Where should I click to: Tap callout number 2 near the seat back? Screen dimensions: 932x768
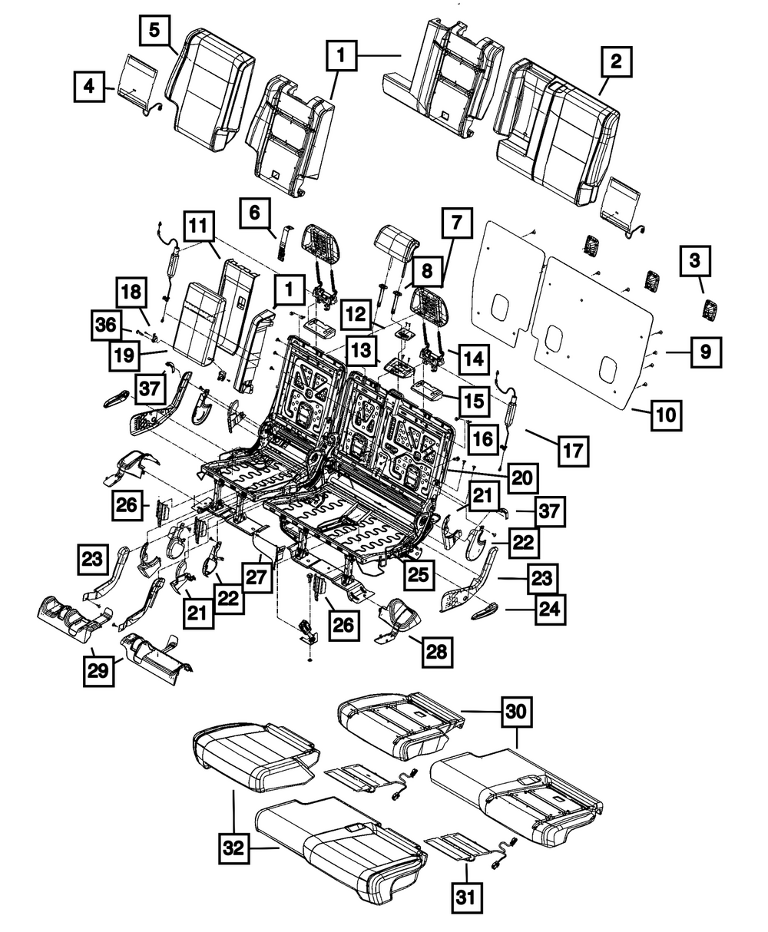pyautogui.click(x=615, y=61)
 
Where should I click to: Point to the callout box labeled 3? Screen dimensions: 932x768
pyautogui.click(x=694, y=262)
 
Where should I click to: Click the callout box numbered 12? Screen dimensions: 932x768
pyautogui.click(x=353, y=313)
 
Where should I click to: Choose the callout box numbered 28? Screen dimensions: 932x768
pyautogui.click(x=435, y=653)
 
